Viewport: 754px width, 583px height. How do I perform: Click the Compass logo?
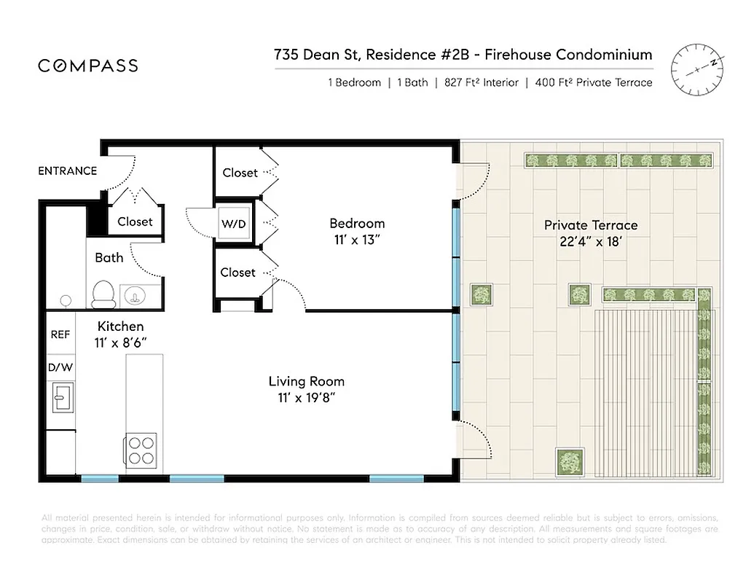88,66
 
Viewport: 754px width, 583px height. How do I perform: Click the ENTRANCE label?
67,171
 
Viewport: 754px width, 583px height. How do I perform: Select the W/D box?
234,224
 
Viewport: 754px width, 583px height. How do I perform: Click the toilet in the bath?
103,294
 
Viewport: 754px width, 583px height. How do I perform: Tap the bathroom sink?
134,295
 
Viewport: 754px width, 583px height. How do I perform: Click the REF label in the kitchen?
60,334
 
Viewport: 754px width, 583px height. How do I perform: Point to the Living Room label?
306,381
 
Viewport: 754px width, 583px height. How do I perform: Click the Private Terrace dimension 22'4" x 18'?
591,241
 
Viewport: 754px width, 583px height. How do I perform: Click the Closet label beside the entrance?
135,221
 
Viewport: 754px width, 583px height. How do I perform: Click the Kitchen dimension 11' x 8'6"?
120,342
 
